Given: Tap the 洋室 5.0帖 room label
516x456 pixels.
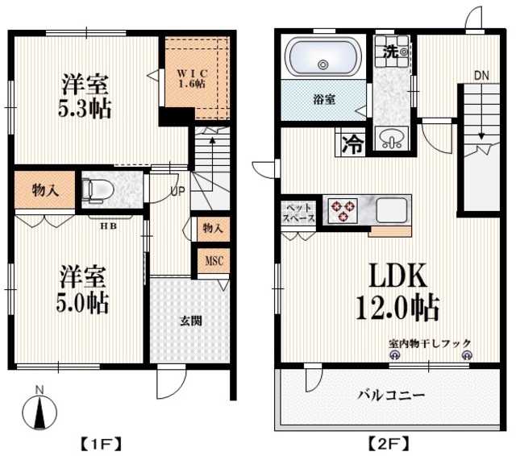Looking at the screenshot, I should (82, 290).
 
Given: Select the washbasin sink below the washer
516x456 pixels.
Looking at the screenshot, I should (393, 139).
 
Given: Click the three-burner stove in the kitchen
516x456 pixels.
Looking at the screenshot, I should (341, 211).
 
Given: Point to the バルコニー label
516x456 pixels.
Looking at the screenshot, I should (392, 396).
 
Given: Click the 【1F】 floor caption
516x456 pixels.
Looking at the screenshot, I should (101, 442).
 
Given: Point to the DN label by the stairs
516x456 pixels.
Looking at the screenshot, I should (481, 75).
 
